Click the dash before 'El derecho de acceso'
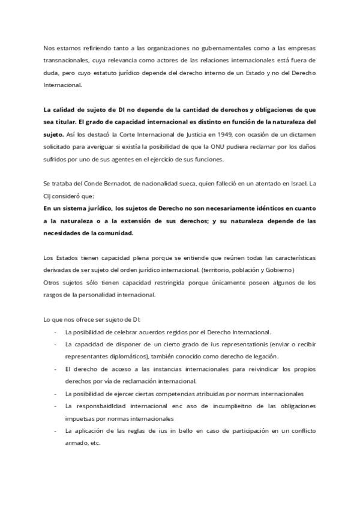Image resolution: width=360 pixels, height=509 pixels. coord(56,369)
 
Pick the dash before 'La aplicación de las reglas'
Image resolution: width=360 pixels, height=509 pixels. coord(56,431)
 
